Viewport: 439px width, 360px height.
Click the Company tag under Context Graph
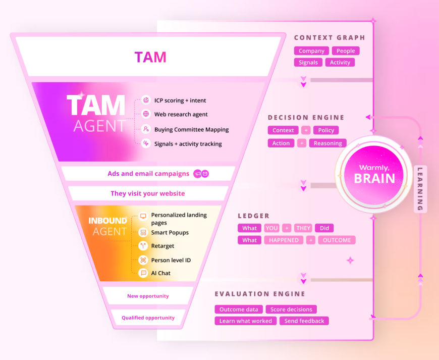pyautogui.click(x=311, y=51)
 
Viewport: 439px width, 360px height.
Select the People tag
pyautogui.click(x=346, y=51)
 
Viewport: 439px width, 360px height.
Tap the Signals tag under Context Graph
pyautogui.click(x=308, y=63)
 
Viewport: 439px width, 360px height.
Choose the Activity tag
pyautogui.click(x=340, y=63)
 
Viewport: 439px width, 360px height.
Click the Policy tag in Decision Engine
pyautogui.click(x=326, y=130)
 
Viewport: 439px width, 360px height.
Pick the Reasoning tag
pyautogui.click(x=327, y=143)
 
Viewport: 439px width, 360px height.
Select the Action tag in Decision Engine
pyautogui.click(x=281, y=143)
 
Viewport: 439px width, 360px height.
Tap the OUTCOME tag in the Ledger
pyautogui.click(x=337, y=240)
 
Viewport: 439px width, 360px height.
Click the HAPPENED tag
pyautogui.click(x=284, y=240)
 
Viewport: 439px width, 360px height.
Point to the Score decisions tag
pyautogui.click(x=291, y=310)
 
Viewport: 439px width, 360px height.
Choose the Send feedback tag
pyautogui.click(x=304, y=321)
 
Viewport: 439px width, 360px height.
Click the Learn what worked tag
pyautogui.click(x=246, y=321)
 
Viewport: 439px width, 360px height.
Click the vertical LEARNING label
pyautogui.click(x=420, y=189)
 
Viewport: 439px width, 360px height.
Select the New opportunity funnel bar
pyautogui.click(x=148, y=296)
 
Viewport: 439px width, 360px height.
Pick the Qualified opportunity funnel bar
pyautogui.click(x=148, y=318)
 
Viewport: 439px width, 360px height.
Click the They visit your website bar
pyautogui.click(x=148, y=193)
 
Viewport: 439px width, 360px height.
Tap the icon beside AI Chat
pyautogui.click(x=143, y=273)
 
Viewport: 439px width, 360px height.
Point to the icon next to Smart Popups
pyautogui.click(x=143, y=233)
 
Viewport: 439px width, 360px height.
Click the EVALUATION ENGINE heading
pyautogui.click(x=260, y=294)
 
